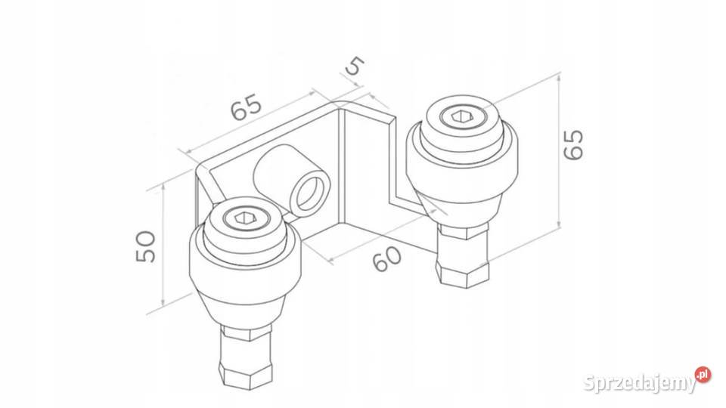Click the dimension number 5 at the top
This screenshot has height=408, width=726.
coord(355,66)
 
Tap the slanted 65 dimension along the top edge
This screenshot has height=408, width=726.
coord(247,107)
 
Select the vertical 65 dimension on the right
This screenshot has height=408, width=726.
coord(574,145)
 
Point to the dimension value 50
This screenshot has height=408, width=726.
coord(146,246)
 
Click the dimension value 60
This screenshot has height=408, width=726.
coord(386,258)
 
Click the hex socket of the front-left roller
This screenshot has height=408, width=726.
coord(242,218)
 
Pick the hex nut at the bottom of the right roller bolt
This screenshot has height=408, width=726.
coord(464,275)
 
